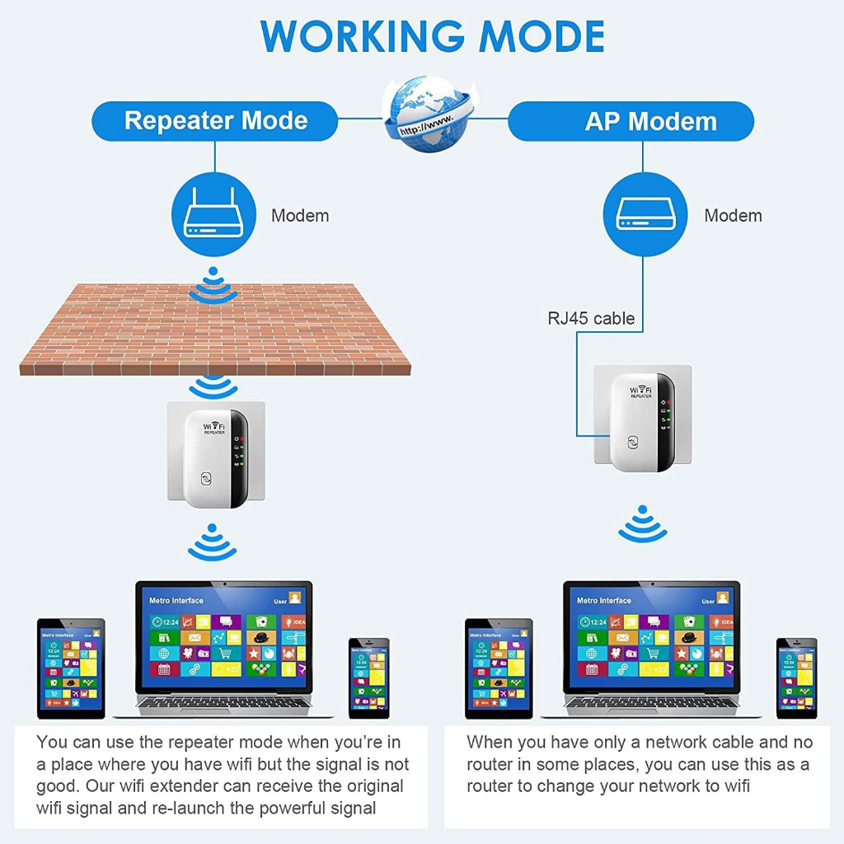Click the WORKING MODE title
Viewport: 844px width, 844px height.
tap(433, 36)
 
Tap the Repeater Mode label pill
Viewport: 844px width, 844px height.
tap(215, 121)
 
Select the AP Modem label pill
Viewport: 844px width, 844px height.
tap(631, 122)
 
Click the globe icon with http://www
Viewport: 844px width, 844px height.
tap(424, 115)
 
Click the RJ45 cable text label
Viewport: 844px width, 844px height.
tap(591, 318)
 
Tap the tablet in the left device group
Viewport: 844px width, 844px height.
tap(71, 668)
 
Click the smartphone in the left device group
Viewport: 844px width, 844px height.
tap(368, 677)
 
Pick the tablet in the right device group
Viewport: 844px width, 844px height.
tap(499, 668)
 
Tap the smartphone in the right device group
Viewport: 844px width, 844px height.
tap(796, 677)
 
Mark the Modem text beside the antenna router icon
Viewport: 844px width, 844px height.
tap(300, 216)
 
